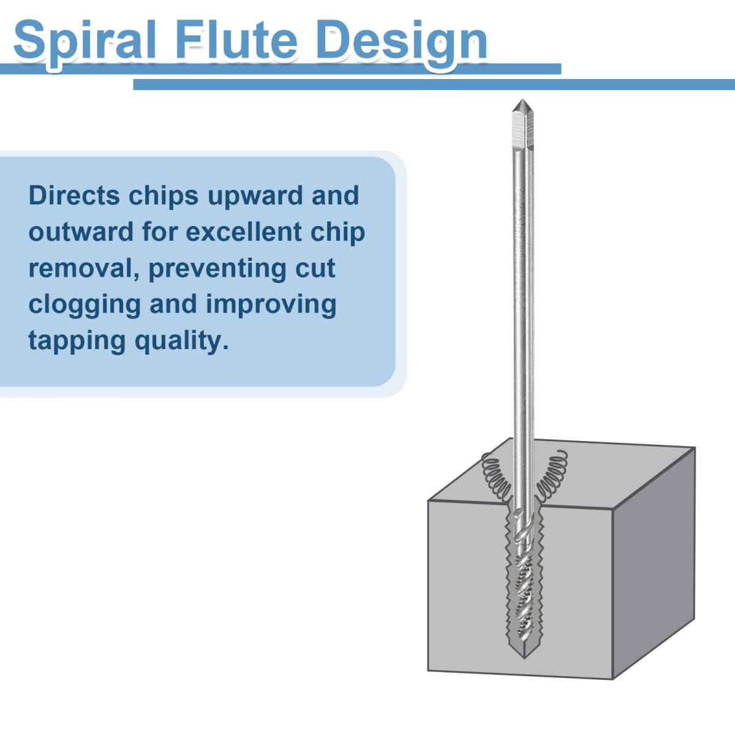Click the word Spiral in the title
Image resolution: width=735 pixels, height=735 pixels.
point(85,43)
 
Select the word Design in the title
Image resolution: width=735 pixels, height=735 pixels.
point(402,43)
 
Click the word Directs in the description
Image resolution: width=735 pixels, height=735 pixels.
point(74,195)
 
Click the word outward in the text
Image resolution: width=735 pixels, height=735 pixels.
point(81,232)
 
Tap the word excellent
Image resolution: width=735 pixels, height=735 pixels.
point(244,232)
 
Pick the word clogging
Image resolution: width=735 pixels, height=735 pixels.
point(85,306)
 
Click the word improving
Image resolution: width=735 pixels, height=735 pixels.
point(271,306)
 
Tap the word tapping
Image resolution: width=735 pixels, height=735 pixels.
point(77,342)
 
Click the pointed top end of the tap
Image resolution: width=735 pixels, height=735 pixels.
point(522,100)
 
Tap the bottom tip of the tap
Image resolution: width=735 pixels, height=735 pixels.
point(524,658)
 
